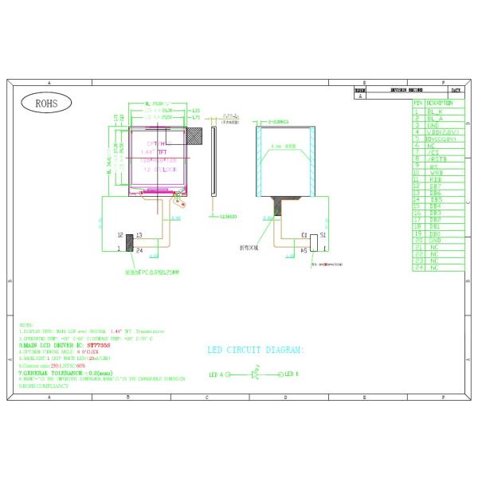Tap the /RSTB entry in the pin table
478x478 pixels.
pos(435,159)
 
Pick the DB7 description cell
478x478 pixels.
pos(433,186)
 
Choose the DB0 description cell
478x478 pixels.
pos(433,233)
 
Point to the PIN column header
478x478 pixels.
pos(417,104)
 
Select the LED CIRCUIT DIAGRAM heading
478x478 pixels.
pos(255,350)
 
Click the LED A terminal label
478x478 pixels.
pos(216,374)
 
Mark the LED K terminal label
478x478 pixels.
pos(291,374)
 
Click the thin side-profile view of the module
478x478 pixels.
pos(214,159)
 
